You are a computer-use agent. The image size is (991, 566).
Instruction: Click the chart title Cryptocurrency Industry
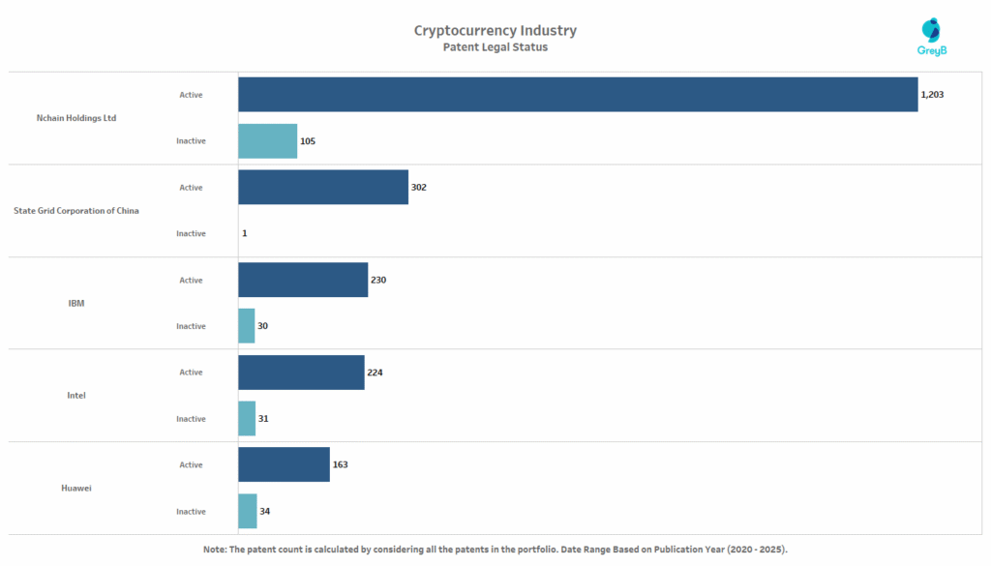pyautogui.click(x=495, y=30)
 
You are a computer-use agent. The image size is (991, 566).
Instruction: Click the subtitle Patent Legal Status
pyautogui.click(x=495, y=47)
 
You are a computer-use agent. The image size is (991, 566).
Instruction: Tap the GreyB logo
pyautogui.click(x=931, y=38)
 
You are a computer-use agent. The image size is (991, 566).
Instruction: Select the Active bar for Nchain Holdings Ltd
pyautogui.click(x=578, y=95)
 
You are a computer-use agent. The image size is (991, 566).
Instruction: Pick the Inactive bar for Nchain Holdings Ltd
pyautogui.click(x=267, y=141)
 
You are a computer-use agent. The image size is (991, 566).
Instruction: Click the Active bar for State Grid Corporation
pyautogui.click(x=323, y=187)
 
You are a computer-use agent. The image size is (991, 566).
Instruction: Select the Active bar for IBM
pyautogui.click(x=303, y=280)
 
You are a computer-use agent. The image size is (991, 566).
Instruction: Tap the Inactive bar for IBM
pyautogui.click(x=247, y=326)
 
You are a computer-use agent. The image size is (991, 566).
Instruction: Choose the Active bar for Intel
pyautogui.click(x=301, y=372)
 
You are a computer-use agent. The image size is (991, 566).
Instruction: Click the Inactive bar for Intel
pyautogui.click(x=247, y=419)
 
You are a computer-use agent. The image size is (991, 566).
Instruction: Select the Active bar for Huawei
pyautogui.click(x=284, y=464)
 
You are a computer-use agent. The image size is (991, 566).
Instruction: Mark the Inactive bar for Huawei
pyautogui.click(x=248, y=511)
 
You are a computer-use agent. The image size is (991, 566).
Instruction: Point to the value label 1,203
pyautogui.click(x=932, y=95)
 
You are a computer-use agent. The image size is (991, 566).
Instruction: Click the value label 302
pyautogui.click(x=418, y=187)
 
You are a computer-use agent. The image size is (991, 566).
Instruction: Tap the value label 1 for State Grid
pyautogui.click(x=244, y=233)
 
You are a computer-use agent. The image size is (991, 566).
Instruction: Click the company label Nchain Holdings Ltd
pyautogui.click(x=76, y=118)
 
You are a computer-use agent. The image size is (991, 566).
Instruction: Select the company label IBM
pyautogui.click(x=76, y=303)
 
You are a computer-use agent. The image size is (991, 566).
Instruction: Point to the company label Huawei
pyautogui.click(x=76, y=488)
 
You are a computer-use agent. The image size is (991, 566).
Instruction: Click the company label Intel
pyautogui.click(x=76, y=396)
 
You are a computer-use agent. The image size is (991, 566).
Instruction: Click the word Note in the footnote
pyautogui.click(x=215, y=550)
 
